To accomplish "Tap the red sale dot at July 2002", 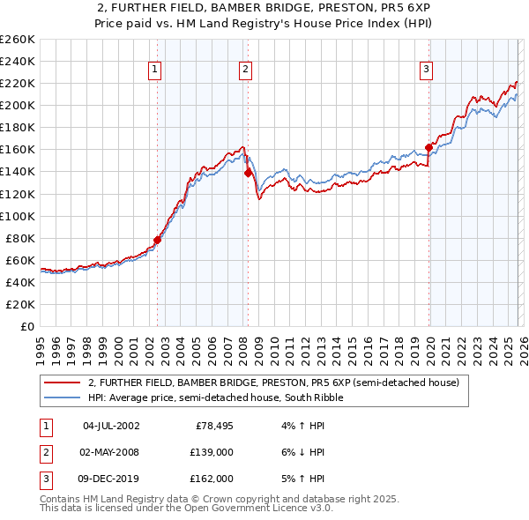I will point(158,239).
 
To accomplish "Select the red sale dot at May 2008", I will point(249,173).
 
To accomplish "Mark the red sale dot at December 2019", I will point(429,147).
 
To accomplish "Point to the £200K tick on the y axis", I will point(19,105).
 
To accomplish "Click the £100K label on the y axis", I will point(19,216).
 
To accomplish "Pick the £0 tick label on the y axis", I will point(26,326).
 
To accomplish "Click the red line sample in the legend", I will point(63,383).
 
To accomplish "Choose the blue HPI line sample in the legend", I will point(63,397).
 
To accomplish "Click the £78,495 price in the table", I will point(212,426).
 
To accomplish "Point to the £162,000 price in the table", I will point(212,479).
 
